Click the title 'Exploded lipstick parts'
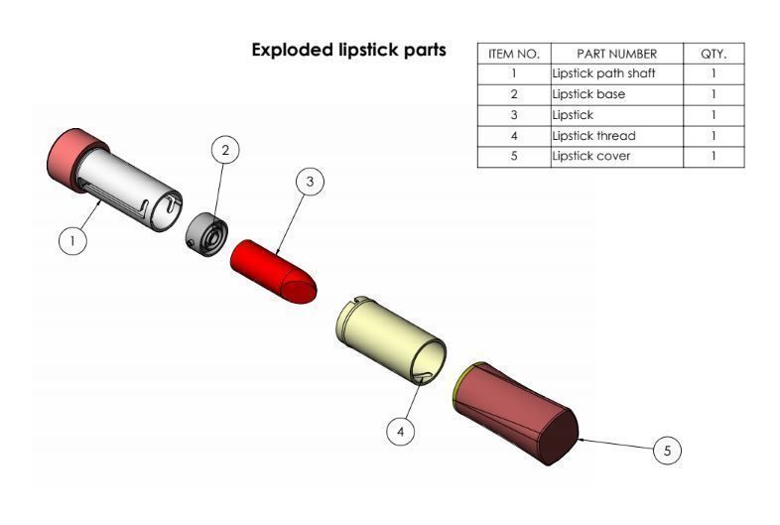click(348, 50)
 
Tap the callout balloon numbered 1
click(72, 240)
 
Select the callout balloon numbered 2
click(225, 150)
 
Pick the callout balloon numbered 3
click(311, 182)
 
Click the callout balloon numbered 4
click(400, 432)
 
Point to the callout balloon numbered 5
click(667, 450)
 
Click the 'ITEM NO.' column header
click(514, 54)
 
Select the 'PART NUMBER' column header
click(616, 54)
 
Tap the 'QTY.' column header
click(714, 54)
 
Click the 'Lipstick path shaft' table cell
click(616, 73)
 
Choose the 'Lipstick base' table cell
click(616, 94)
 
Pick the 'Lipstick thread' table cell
click(616, 135)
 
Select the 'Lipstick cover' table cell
click(616, 156)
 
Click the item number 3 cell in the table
click(514, 115)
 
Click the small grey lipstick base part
click(206, 233)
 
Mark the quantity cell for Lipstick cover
click(714, 156)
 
